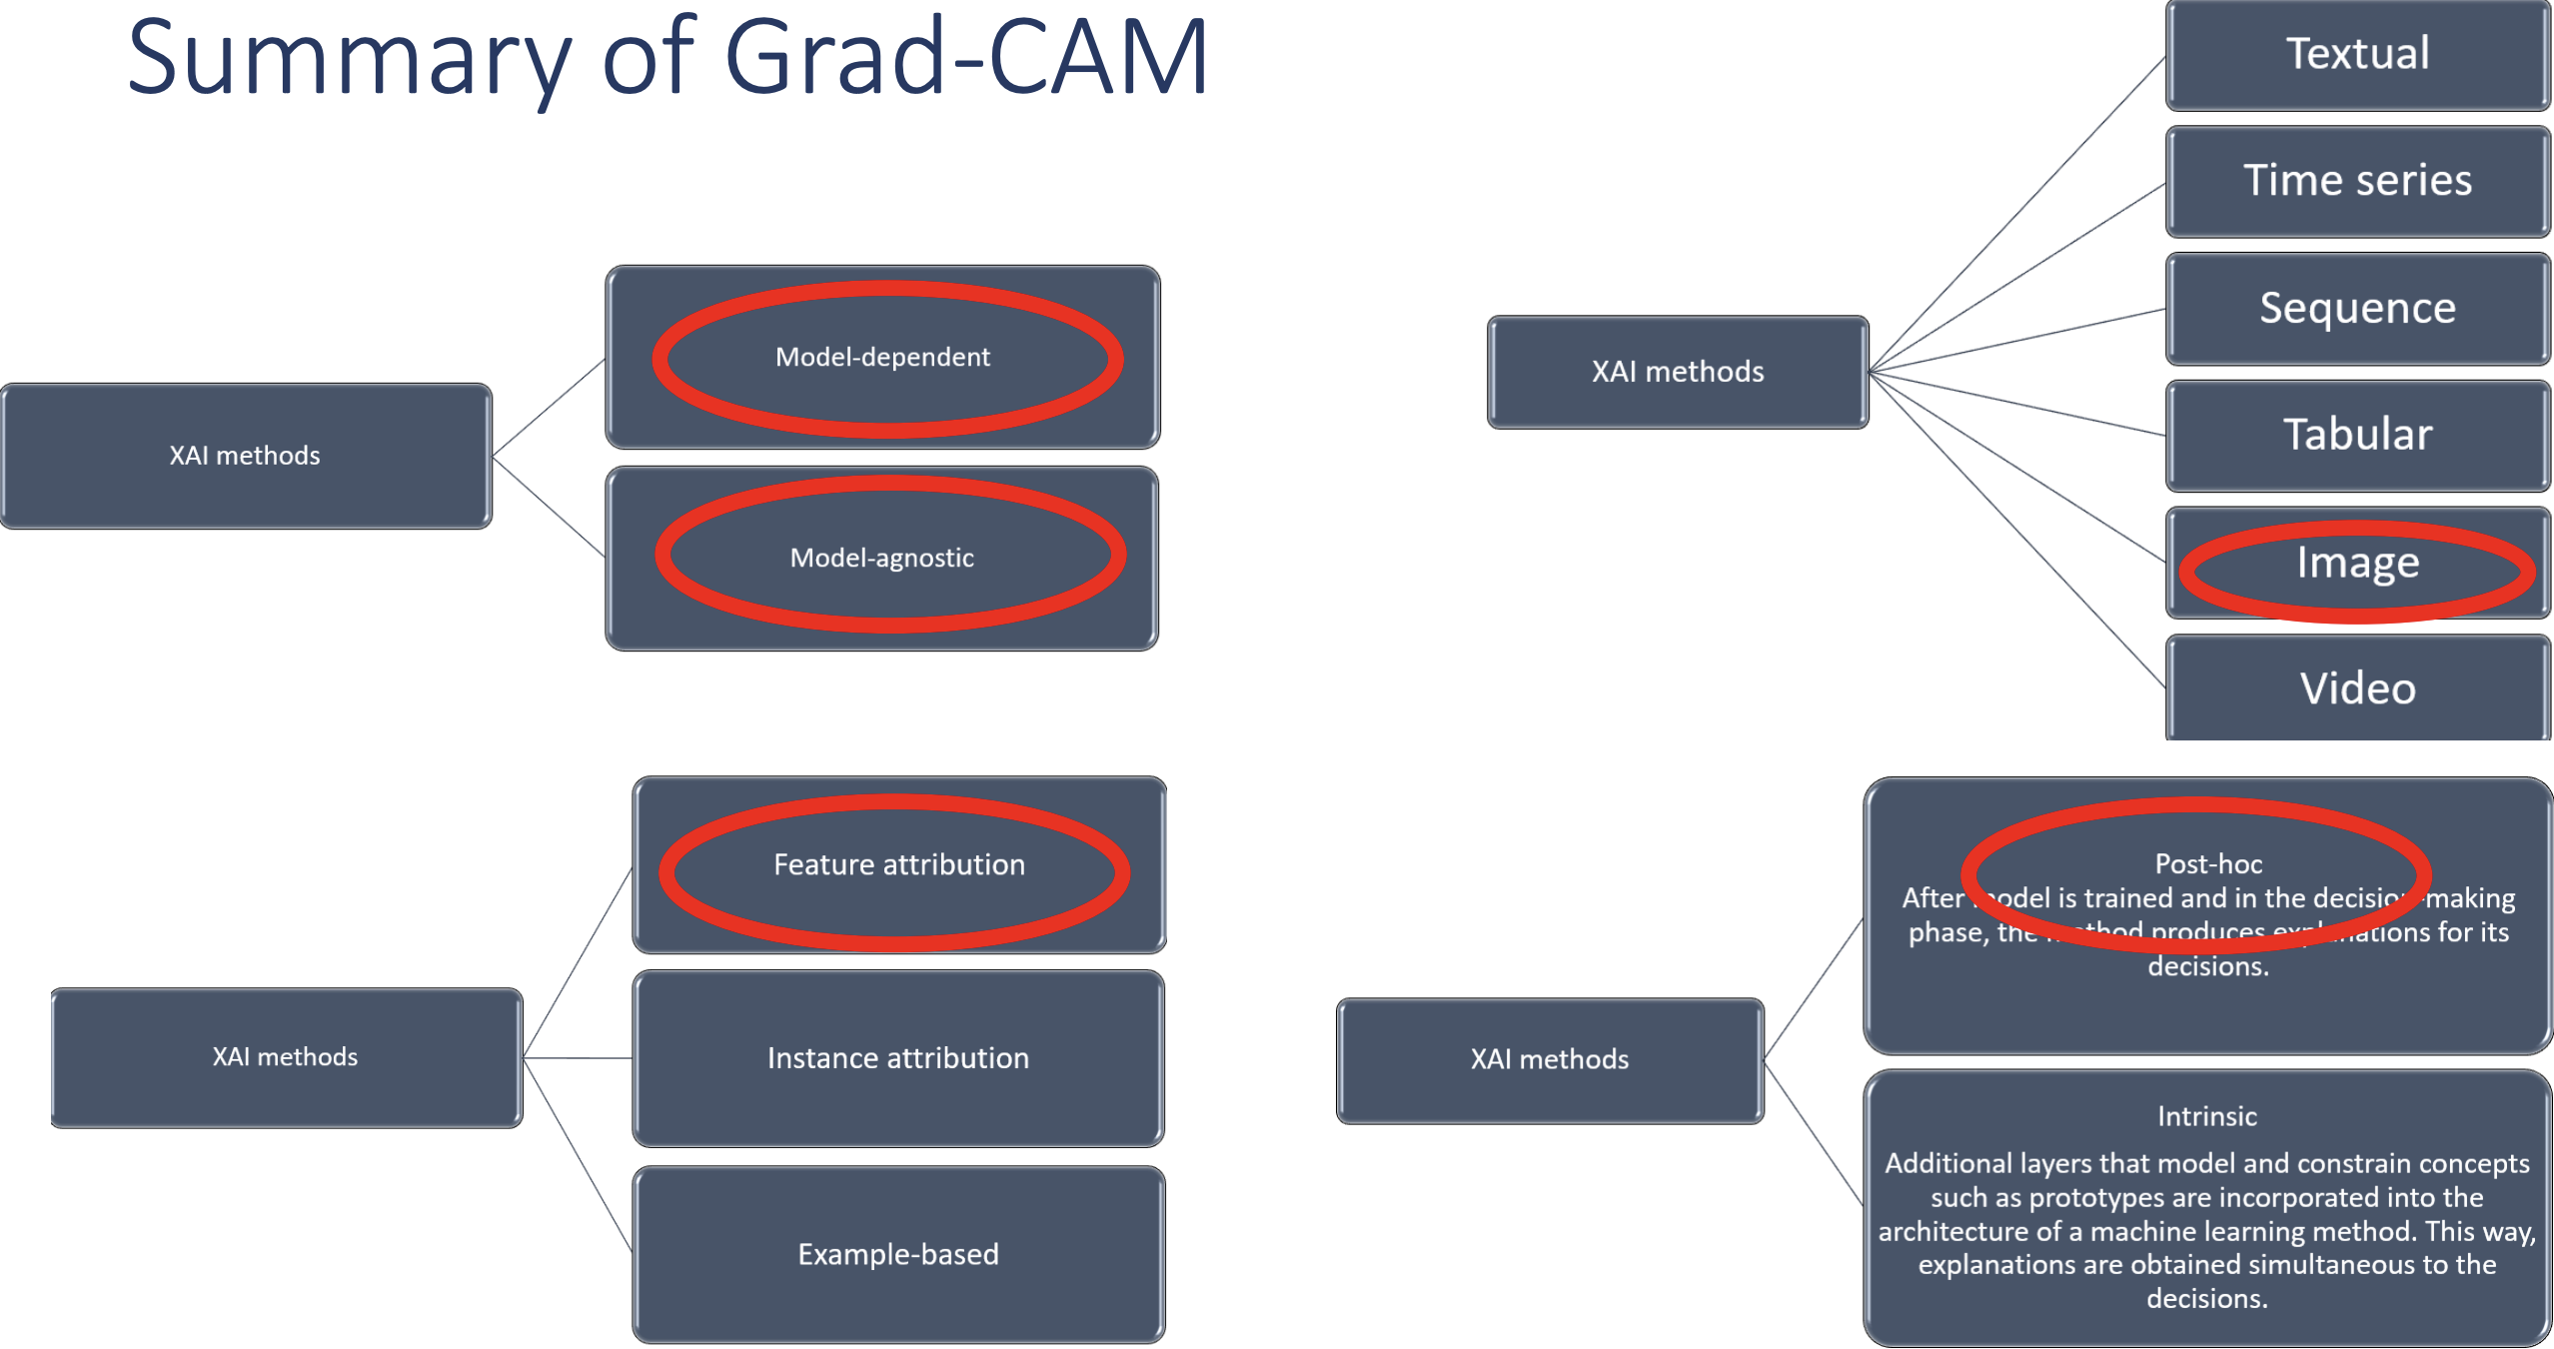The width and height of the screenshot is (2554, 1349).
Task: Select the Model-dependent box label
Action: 882,357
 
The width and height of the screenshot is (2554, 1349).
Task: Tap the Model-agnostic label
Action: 881,558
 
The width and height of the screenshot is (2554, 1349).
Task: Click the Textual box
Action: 2357,54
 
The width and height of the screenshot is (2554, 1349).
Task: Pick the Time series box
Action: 2357,181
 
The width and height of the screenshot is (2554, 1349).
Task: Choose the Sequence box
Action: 2357,308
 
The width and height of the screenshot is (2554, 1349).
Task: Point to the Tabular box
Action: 2357,435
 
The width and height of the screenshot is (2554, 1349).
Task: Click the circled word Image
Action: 2357,563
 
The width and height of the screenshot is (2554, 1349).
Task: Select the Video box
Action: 2357,688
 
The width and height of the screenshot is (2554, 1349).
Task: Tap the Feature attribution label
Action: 898,864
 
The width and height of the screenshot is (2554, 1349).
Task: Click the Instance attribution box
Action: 897,1058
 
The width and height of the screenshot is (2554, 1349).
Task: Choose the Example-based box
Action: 897,1254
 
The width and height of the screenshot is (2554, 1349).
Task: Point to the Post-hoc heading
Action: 2208,863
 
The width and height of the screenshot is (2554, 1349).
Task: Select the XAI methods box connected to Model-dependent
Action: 245,456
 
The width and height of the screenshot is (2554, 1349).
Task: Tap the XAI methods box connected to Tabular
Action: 1678,372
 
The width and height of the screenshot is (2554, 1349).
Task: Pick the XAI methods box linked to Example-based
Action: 285,1057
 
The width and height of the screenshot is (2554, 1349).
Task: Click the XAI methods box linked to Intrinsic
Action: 1549,1059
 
